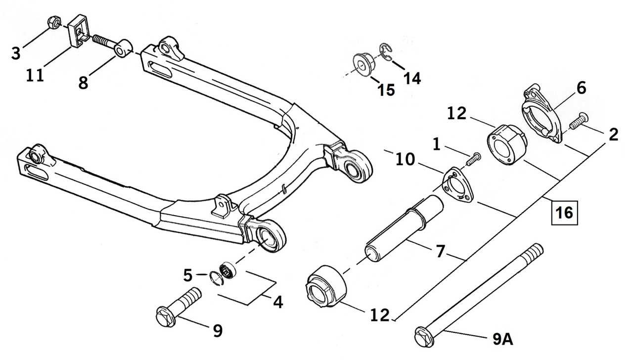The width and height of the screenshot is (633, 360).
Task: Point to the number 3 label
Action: [x=16, y=52]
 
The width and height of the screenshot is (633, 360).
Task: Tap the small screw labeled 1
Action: [x=473, y=160]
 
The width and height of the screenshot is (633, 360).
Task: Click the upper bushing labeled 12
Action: [x=507, y=144]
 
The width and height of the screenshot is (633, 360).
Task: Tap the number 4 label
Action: [x=278, y=302]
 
